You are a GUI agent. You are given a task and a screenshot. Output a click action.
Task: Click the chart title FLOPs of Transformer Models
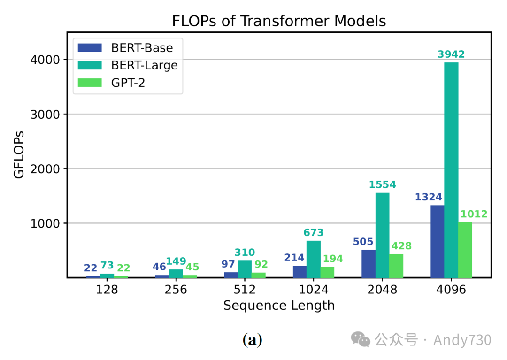[x=279, y=21]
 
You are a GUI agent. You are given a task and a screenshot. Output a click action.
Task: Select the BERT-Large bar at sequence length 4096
[x=451, y=169]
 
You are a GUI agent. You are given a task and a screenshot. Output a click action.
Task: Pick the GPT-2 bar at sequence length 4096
[x=465, y=250]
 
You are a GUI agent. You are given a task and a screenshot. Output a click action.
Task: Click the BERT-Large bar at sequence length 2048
[x=382, y=235]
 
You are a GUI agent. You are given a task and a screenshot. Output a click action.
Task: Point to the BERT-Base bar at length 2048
[x=369, y=263]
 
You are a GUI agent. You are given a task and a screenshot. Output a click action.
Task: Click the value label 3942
[x=451, y=54]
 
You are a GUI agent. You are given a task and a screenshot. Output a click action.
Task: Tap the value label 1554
[x=382, y=184]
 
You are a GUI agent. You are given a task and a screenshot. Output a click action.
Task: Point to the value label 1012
[x=474, y=214]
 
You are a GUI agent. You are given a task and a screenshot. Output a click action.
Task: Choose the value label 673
[x=314, y=232]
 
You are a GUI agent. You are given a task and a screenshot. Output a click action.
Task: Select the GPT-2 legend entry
[x=129, y=83]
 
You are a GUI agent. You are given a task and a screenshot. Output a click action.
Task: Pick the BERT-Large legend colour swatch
[x=90, y=65]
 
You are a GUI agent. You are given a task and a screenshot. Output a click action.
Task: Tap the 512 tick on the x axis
[x=245, y=290]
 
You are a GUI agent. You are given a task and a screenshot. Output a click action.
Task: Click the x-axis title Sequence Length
[x=279, y=306]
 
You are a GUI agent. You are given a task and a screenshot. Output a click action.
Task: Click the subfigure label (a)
[x=252, y=340]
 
